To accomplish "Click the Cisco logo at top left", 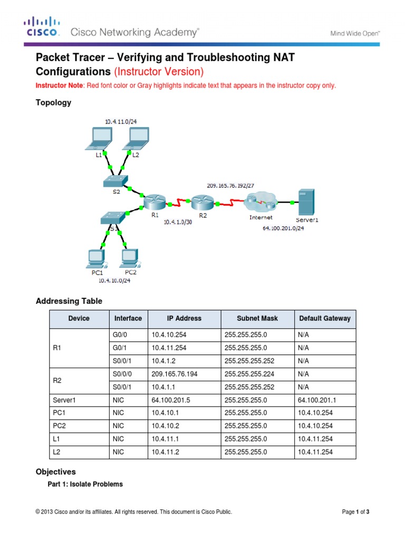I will pos(42,28).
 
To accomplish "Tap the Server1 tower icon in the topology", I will pos(305,201).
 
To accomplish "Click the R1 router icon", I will pos(155,201).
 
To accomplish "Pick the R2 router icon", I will pos(201,202).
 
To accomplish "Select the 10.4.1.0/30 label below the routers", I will pos(178,223).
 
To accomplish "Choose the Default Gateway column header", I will pos(324,319).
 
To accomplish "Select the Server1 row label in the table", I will pos(65,400).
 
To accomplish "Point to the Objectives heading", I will pos(55,472).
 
